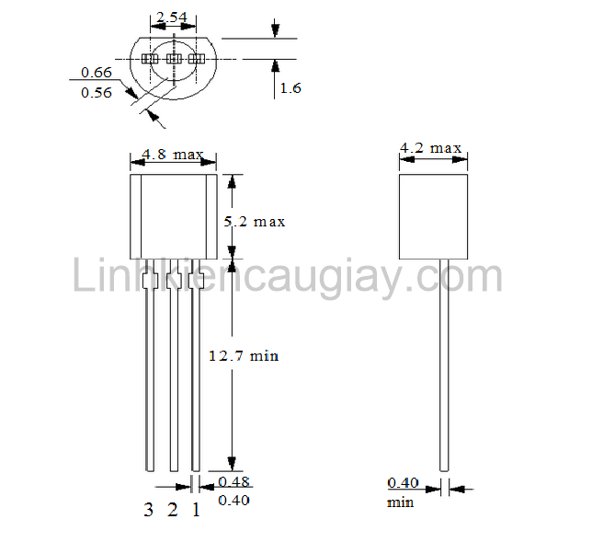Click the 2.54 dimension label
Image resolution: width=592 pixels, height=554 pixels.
coord(172,17)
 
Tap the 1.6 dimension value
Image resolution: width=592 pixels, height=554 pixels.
coord(290,88)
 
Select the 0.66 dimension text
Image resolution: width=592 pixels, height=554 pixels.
coord(97,72)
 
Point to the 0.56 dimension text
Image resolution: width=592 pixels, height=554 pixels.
coord(97,92)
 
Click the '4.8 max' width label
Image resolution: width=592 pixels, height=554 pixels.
coord(173,155)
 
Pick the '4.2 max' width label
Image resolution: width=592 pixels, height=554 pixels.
coord(430,147)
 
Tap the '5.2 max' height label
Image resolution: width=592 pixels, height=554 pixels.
coord(255,222)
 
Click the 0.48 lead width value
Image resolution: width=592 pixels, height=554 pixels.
coord(233,481)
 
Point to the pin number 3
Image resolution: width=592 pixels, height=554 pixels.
coord(148,511)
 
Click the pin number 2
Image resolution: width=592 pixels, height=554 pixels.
coord(172,511)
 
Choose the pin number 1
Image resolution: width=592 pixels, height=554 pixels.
coord(195,511)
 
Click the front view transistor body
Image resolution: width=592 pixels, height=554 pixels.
coord(173,216)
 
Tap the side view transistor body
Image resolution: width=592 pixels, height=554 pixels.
coord(433,216)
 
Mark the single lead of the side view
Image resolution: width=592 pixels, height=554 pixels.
coord(444,368)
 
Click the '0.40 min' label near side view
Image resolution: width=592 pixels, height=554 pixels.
coord(403,491)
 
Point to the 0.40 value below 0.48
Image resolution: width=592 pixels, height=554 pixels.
coord(233,500)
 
